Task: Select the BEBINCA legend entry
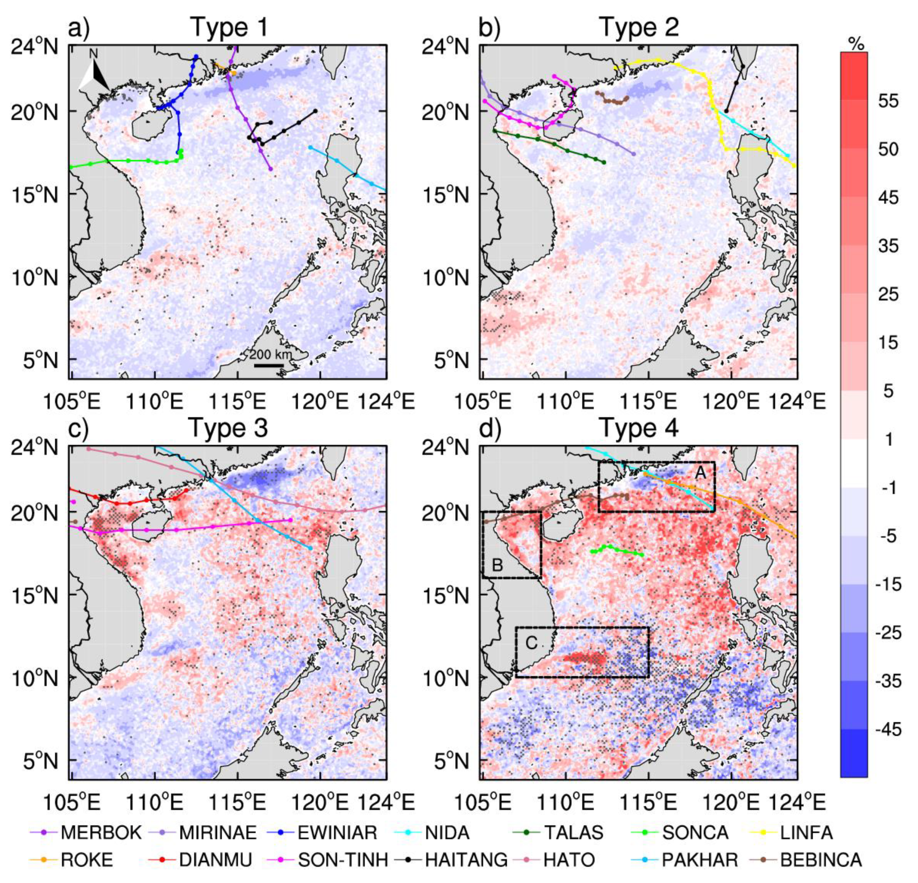point(806,860)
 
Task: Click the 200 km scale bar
point(269,365)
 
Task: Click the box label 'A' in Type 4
point(700,473)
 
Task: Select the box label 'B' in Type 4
point(497,566)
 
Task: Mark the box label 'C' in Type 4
point(531,643)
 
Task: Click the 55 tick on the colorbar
point(888,101)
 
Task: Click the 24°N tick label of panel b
point(445,47)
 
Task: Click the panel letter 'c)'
point(79,429)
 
